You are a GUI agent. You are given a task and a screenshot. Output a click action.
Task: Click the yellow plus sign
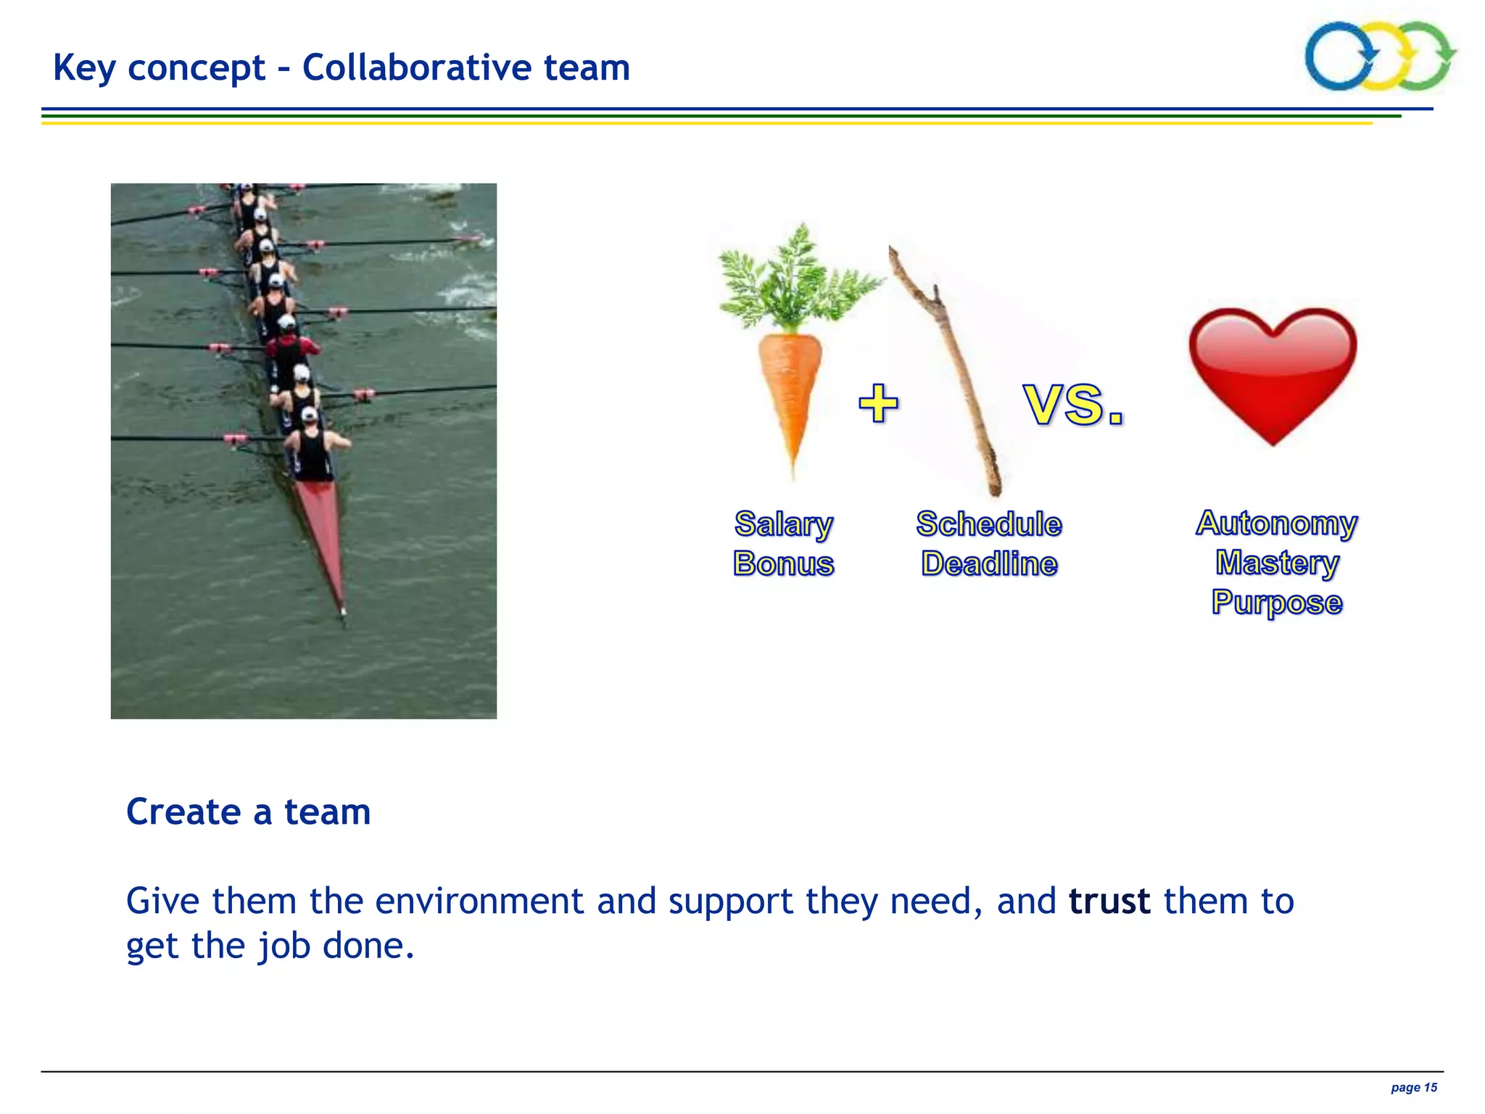pos(878,403)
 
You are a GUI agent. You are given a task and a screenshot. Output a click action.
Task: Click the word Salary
pos(784,524)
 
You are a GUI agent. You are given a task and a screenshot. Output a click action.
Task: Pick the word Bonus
pos(784,564)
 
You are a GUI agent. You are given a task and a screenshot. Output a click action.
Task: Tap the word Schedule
pos(989,524)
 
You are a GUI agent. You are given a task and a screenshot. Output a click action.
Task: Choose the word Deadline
pos(989,564)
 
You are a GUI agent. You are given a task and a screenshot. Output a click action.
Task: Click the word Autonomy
pos(1276,523)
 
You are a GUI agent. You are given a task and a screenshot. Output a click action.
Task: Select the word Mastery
pos(1277,563)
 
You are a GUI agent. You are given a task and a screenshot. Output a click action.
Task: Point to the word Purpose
pos(1277,603)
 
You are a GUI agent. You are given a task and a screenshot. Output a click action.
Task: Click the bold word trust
pos(1109,901)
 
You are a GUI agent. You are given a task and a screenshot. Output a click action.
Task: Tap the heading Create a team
pos(248,812)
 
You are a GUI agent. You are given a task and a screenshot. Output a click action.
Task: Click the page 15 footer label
pos(1413,1087)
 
